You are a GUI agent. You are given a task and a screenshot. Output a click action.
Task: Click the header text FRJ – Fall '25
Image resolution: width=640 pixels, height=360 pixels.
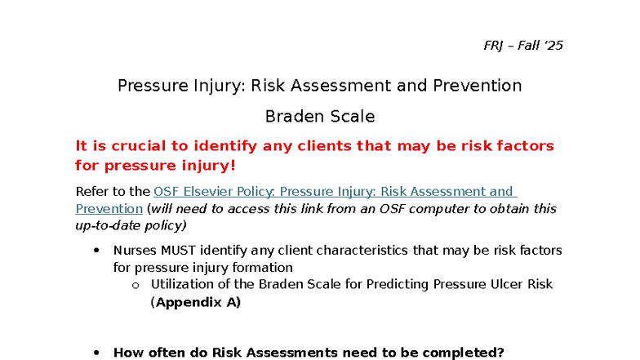(x=523, y=46)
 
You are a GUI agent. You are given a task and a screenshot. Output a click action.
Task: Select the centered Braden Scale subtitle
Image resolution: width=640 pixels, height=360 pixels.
(x=320, y=117)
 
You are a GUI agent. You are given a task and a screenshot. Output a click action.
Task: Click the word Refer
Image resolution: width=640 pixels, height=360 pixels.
(x=91, y=192)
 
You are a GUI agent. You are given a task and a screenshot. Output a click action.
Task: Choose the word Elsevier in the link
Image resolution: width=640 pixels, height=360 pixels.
(x=218, y=192)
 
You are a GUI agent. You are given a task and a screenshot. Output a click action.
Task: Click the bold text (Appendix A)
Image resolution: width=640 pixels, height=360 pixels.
(x=196, y=301)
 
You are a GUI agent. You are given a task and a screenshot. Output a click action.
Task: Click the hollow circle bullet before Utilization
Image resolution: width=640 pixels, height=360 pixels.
(x=135, y=285)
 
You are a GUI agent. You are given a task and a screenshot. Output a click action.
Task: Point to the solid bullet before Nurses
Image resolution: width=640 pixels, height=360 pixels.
(x=96, y=251)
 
